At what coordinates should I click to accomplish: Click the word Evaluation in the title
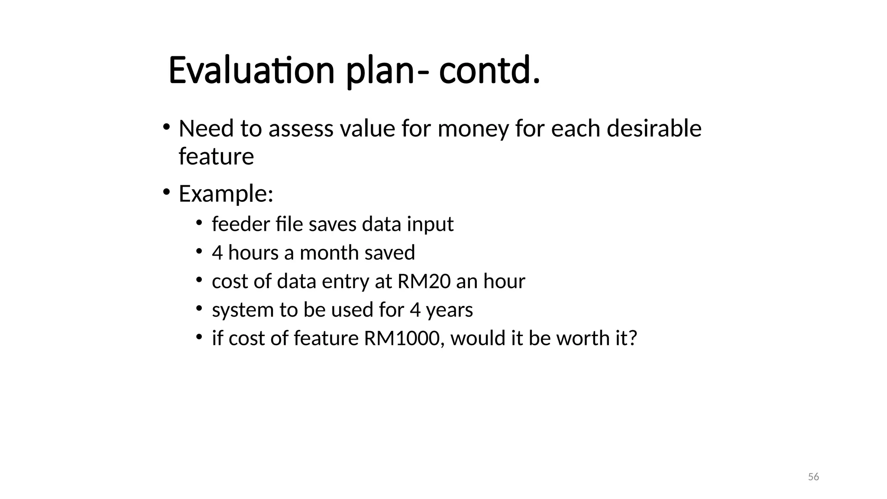pos(251,71)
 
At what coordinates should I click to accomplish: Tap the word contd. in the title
pos(489,71)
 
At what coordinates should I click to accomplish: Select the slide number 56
pos(813,477)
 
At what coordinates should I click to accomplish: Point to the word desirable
pos(654,129)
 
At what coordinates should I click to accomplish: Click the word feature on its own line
pos(216,156)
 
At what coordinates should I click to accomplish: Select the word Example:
pos(226,194)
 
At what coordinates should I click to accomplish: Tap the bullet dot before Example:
pos(166,191)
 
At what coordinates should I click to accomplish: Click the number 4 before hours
pos(217,253)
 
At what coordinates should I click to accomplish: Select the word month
pos(329,253)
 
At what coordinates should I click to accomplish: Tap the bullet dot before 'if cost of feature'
pos(199,337)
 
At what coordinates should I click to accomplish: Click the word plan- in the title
pos(388,71)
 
